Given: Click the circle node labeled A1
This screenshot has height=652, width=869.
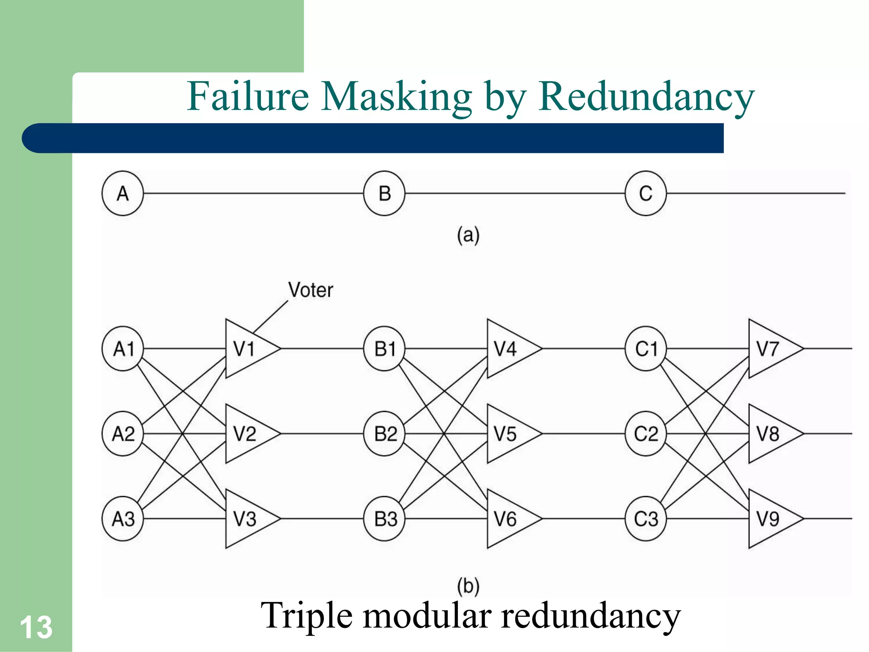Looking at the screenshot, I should point(123,348).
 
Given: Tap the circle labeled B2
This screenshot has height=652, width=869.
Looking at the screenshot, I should point(384,433).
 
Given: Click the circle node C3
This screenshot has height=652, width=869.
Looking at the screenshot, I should point(645,518).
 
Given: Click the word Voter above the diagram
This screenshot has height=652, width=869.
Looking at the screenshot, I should point(311,290).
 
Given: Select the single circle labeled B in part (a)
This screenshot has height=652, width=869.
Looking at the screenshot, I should point(384,194).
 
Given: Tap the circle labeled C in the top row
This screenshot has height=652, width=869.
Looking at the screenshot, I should point(645,194).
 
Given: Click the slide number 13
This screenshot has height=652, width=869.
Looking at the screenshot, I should point(36,627).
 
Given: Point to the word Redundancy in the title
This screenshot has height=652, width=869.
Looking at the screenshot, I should point(646,97).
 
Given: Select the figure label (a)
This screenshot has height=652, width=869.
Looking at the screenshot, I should point(468,235).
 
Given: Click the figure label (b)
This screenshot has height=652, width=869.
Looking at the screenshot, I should point(468,586).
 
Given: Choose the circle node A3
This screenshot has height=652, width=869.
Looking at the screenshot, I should point(123,518).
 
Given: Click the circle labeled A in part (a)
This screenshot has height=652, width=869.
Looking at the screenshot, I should point(123,194).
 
